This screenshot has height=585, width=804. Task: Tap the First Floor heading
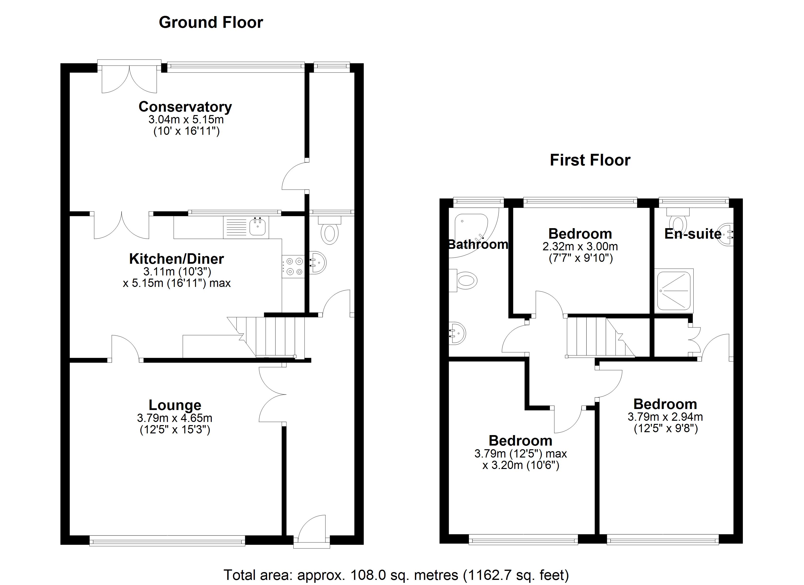[590, 160]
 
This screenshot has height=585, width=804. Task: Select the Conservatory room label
[185, 107]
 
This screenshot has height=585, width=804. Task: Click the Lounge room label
[175, 405]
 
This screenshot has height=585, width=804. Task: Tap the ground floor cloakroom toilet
[330, 232]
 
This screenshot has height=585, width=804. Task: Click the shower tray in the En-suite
[674, 290]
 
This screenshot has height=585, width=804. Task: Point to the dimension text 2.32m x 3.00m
[580, 246]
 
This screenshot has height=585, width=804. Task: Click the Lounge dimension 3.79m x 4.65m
[175, 418]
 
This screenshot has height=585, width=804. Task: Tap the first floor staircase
[595, 337]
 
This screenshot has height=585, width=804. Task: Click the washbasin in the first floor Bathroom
[457, 333]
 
